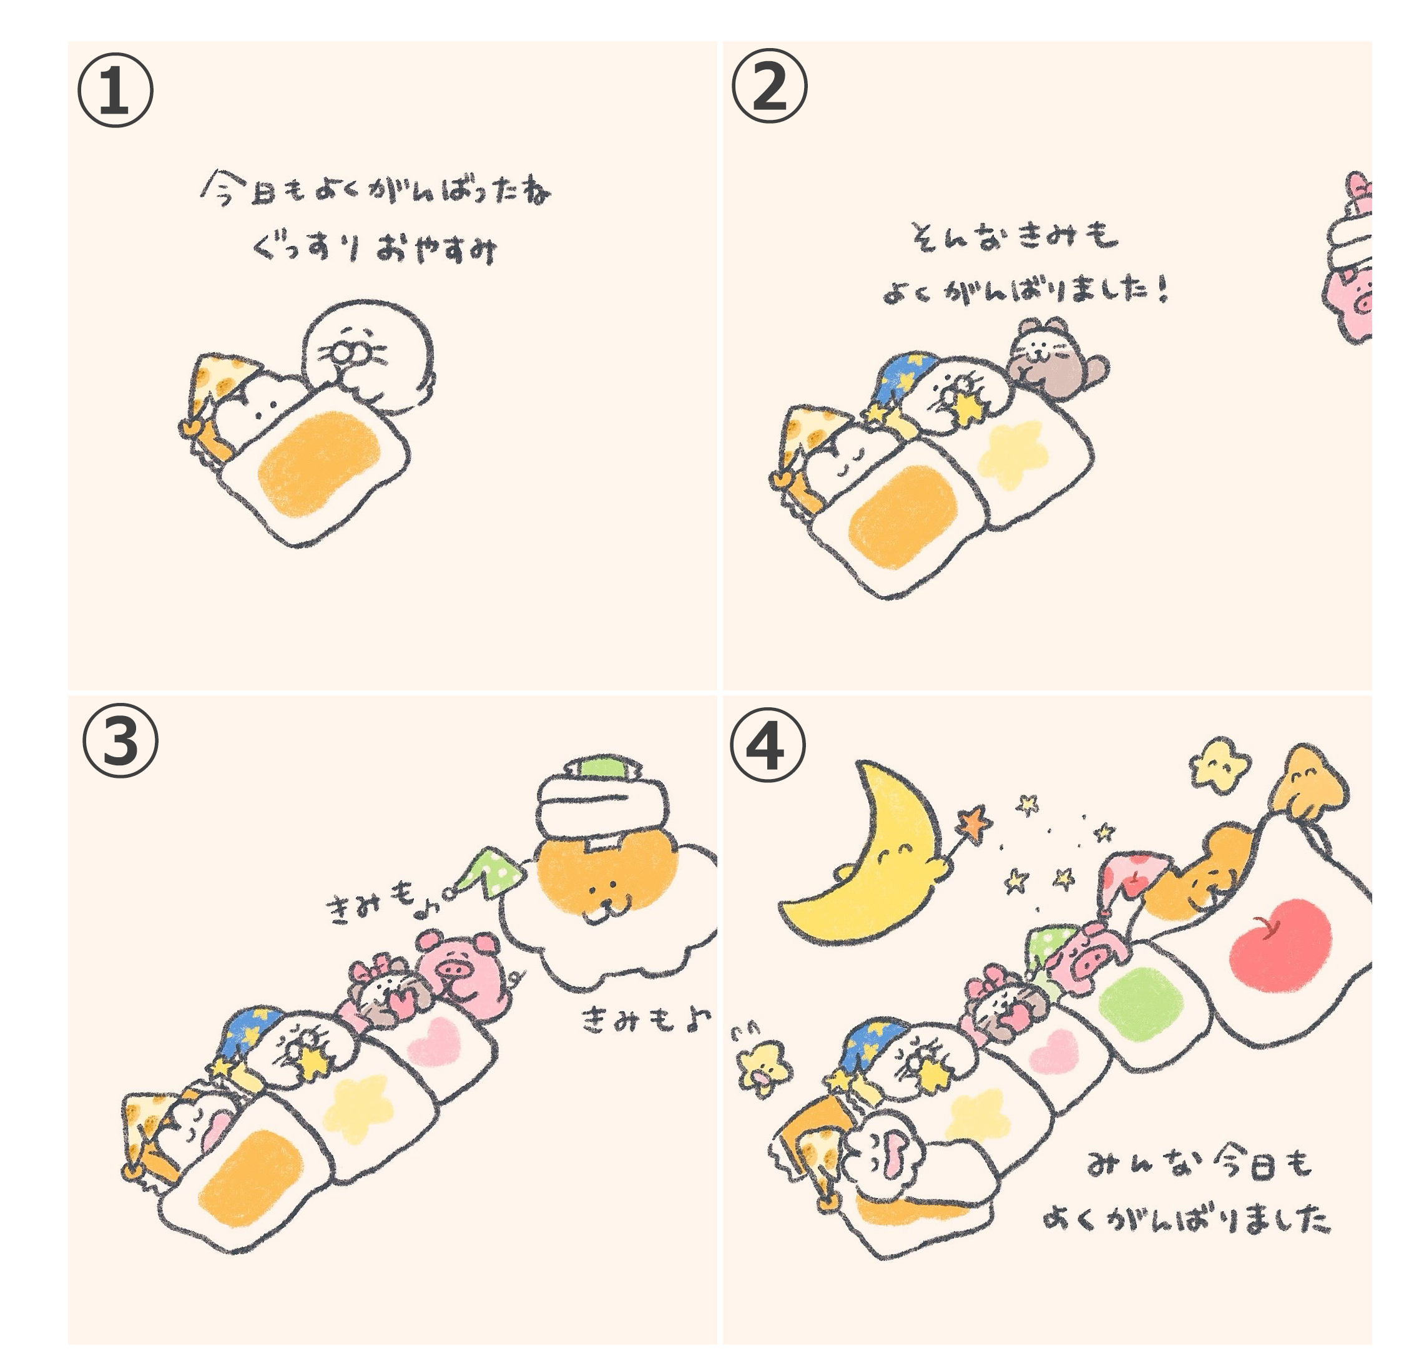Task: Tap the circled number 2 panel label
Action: click(x=768, y=85)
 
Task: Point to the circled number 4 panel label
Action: click(x=767, y=745)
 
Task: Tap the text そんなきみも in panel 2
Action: click(x=1014, y=236)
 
